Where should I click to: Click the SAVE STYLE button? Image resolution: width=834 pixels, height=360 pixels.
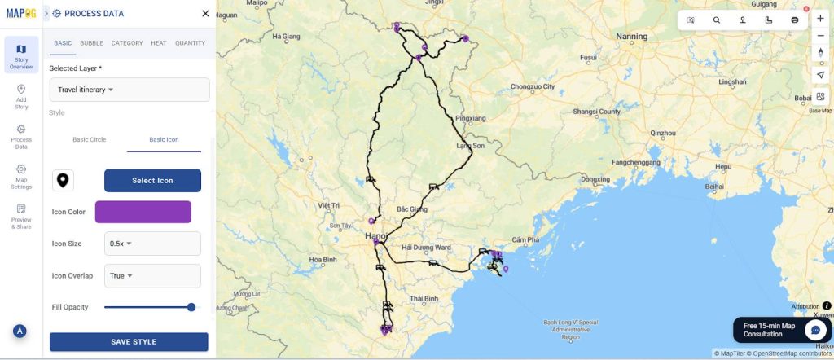(x=129, y=341)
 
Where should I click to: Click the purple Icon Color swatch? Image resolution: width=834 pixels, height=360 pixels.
(x=143, y=212)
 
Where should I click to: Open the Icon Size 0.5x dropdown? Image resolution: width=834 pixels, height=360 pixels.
(x=153, y=243)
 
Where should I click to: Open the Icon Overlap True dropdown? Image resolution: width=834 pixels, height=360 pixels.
(x=153, y=275)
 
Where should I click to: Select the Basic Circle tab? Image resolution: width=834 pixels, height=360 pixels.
(x=89, y=139)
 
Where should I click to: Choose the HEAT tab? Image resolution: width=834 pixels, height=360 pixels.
(x=159, y=43)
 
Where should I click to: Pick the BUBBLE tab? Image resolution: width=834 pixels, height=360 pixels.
(x=91, y=43)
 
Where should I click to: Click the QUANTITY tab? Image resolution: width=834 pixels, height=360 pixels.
(x=190, y=43)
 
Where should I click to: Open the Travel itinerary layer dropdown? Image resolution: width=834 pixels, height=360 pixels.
(x=129, y=90)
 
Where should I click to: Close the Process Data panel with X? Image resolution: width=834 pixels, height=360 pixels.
(x=205, y=14)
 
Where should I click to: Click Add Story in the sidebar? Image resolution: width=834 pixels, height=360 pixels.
(x=21, y=96)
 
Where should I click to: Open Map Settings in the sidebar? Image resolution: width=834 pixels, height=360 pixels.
(x=21, y=176)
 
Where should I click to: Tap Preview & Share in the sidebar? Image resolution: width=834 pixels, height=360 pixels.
(x=21, y=216)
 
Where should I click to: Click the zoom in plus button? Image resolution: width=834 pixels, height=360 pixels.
(x=820, y=19)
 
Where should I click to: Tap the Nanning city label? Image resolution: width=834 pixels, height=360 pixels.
(x=631, y=37)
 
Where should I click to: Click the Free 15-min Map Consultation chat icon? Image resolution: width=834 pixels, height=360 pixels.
(x=814, y=329)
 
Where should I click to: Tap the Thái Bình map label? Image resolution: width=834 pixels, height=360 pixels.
(x=424, y=299)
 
